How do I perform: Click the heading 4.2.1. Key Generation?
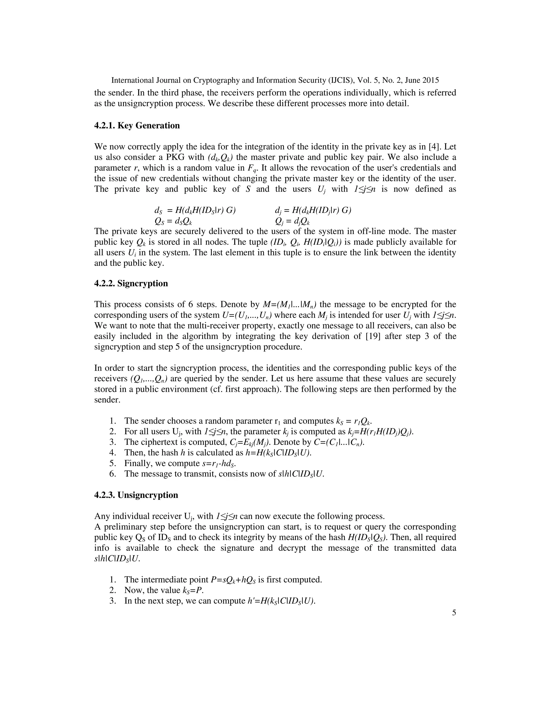tap(137, 126)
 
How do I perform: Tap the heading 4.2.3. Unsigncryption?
tap(136, 495)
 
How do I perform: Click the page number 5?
tap(454, 613)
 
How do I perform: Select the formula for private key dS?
tap(195, 210)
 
